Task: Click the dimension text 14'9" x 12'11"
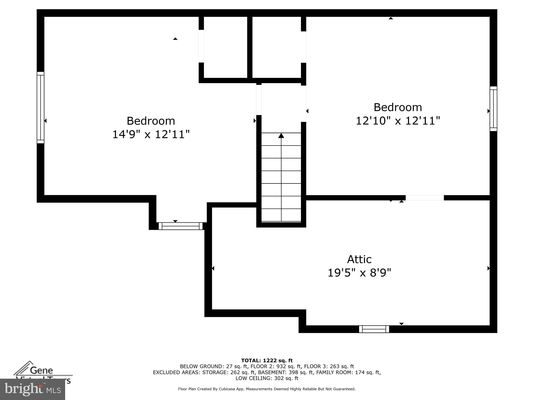[x=151, y=134]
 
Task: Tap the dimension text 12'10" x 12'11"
[x=398, y=121]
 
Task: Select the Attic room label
[x=359, y=259]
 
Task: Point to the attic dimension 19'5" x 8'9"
[x=359, y=273]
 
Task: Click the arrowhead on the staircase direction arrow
[x=281, y=136]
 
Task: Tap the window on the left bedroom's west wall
[x=41, y=107]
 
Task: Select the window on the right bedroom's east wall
[x=493, y=109]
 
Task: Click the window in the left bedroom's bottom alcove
[x=180, y=226]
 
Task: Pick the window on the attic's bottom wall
[x=374, y=329]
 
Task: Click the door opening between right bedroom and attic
[x=425, y=198]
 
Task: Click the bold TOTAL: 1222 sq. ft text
[x=267, y=361]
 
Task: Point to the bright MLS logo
[x=33, y=390]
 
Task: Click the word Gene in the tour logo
[x=41, y=370]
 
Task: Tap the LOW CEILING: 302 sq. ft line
[x=267, y=378]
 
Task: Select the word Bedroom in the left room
[x=151, y=121]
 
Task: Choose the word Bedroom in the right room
[x=398, y=107]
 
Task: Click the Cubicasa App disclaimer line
[x=267, y=389]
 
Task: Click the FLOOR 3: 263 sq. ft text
[x=329, y=366]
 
